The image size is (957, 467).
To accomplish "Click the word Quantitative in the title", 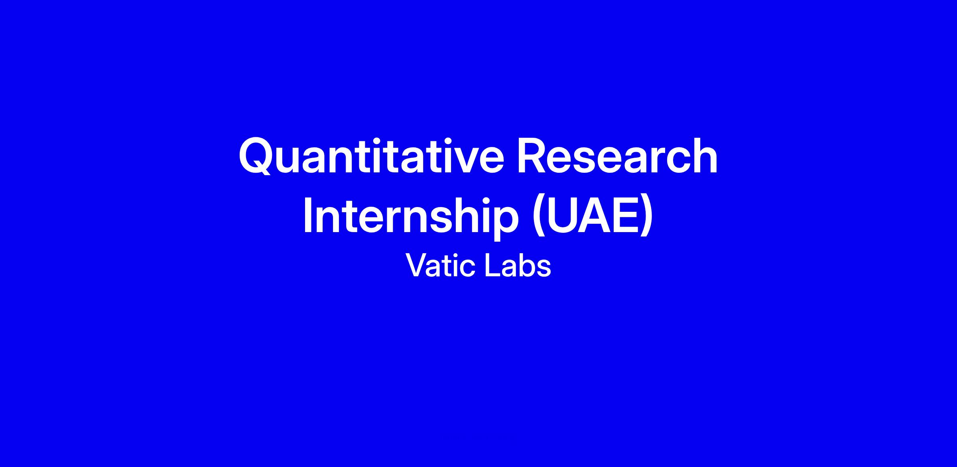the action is pyautogui.click(x=371, y=156).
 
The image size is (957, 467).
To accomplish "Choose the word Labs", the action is pyautogui.click(x=518, y=265).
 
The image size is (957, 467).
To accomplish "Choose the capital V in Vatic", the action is pyautogui.click(x=417, y=265).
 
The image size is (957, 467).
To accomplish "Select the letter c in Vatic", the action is pyautogui.click(x=468, y=268).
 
